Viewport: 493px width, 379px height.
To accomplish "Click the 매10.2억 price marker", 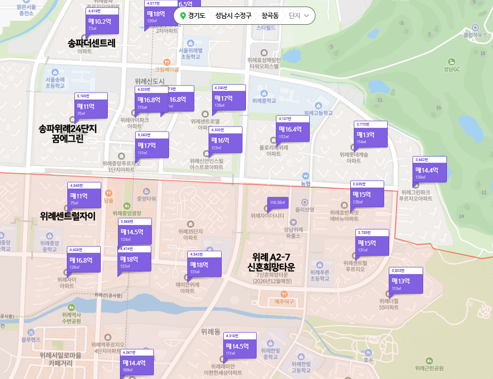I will pyautogui.click(x=103, y=22).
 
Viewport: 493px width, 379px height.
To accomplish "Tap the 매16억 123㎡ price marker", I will pyautogui.click(x=225, y=141).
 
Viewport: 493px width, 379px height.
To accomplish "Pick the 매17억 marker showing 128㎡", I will pyautogui.click(x=229, y=99).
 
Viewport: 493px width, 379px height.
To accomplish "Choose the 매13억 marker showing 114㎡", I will pyautogui.click(x=371, y=136).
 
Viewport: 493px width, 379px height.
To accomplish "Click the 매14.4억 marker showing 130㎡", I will pyautogui.click(x=430, y=171).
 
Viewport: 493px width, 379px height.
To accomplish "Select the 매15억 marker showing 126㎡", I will pyautogui.click(x=367, y=195).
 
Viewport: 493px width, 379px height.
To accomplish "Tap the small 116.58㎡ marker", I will pyautogui.click(x=277, y=203).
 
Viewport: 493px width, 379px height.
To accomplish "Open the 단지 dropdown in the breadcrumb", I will pyautogui.click(x=299, y=16).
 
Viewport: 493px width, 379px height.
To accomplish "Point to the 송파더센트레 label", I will pyautogui.click(x=92, y=43).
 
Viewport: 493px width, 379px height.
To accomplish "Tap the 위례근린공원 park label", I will pyautogui.click(x=429, y=368).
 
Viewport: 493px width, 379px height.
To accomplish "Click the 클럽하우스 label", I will pyautogui.click(x=475, y=35).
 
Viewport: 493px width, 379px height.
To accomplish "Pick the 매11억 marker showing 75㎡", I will pyautogui.click(x=84, y=196).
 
